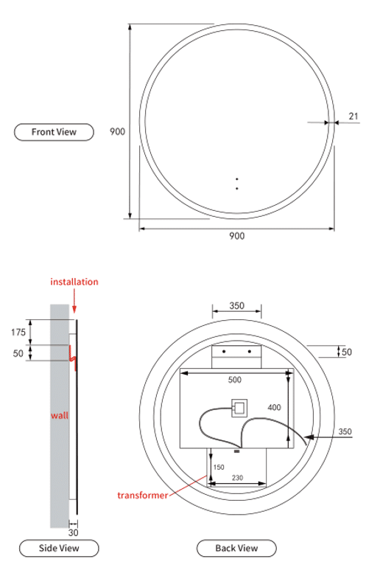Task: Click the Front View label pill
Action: pos(54,132)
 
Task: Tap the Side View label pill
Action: pos(59,548)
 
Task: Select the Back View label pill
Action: pos(236,548)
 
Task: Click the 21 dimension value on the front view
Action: pos(353,117)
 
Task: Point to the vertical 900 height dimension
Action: pos(117,131)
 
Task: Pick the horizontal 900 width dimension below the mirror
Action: pos(236,236)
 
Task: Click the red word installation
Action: pos(74,282)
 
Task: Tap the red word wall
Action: pos(60,415)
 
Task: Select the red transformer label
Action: pos(142,496)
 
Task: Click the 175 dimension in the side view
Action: pos(18,332)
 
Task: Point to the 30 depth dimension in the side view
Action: pos(73,532)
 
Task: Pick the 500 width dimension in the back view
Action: pos(235,380)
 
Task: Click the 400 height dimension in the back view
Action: pos(274,408)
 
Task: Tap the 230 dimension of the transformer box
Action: pos(237,478)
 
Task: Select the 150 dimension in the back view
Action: pos(219,467)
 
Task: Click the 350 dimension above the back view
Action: pos(236,305)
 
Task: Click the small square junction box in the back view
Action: pos(239,408)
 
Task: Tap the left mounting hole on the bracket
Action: pos(224,352)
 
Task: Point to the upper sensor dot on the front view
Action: pos(237,179)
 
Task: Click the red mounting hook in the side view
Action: pos(73,358)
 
